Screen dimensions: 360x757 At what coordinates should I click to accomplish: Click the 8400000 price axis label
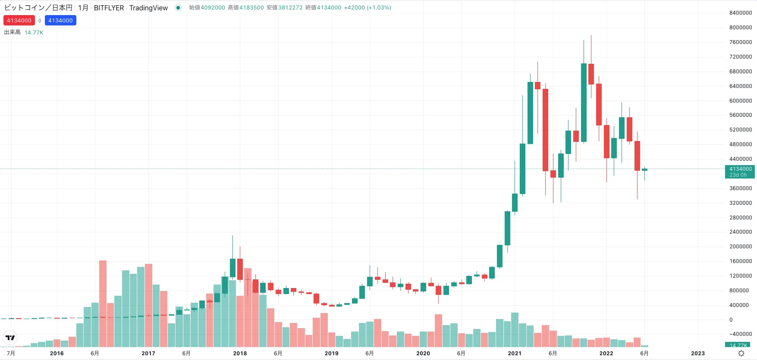click(740, 13)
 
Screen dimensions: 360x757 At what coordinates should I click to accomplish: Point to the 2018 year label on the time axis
click(240, 353)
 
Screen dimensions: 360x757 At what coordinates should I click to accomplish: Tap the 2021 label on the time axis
click(514, 353)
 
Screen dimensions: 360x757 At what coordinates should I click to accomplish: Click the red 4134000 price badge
click(19, 21)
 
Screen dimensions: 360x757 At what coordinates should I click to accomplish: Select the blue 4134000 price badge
click(60, 21)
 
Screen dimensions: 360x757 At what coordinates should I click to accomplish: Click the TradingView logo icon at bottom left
click(10, 338)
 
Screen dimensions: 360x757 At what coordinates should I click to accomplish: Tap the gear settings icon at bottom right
click(741, 353)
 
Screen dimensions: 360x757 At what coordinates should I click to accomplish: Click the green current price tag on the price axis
click(740, 172)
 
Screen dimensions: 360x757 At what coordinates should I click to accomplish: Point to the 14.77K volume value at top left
click(34, 33)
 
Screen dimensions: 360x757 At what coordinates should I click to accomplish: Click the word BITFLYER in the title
click(109, 8)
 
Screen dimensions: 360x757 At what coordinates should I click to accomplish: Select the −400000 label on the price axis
click(740, 334)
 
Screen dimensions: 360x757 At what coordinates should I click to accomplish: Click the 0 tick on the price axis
click(731, 320)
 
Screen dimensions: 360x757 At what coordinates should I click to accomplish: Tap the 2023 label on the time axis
click(697, 353)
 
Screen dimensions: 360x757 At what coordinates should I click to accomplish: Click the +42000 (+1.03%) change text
click(368, 8)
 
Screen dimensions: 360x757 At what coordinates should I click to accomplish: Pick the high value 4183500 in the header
click(251, 8)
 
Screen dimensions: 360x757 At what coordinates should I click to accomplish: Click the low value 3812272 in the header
click(290, 8)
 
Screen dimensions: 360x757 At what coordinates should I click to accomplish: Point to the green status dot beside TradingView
click(178, 8)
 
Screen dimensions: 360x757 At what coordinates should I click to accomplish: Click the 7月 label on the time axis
click(11, 353)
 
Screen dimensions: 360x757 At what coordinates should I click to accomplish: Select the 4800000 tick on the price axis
click(740, 144)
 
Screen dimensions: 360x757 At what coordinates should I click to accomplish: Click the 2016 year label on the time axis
click(57, 353)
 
